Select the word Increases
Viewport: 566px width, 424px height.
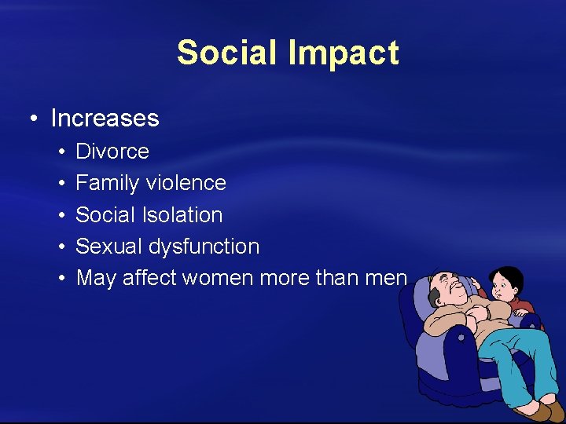tap(105, 119)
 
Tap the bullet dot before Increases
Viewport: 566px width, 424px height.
tap(32, 119)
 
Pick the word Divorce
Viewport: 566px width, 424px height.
tap(112, 151)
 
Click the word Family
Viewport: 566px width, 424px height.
tap(106, 183)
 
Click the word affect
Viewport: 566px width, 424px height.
tap(150, 278)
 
